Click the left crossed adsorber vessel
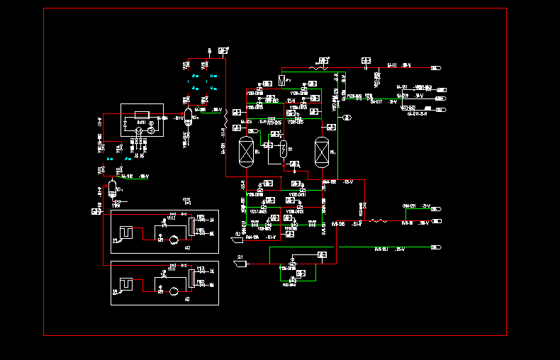pyautogui.click(x=247, y=150)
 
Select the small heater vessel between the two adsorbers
pyautogui.click(x=283, y=149)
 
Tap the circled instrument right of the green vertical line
pyautogui.click(x=347, y=117)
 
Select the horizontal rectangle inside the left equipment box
pyautogui.click(x=141, y=114)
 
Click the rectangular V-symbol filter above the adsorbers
pyautogui.click(x=282, y=79)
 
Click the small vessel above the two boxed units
pyautogui.click(x=112, y=187)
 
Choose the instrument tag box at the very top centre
pyautogui.click(x=223, y=50)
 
